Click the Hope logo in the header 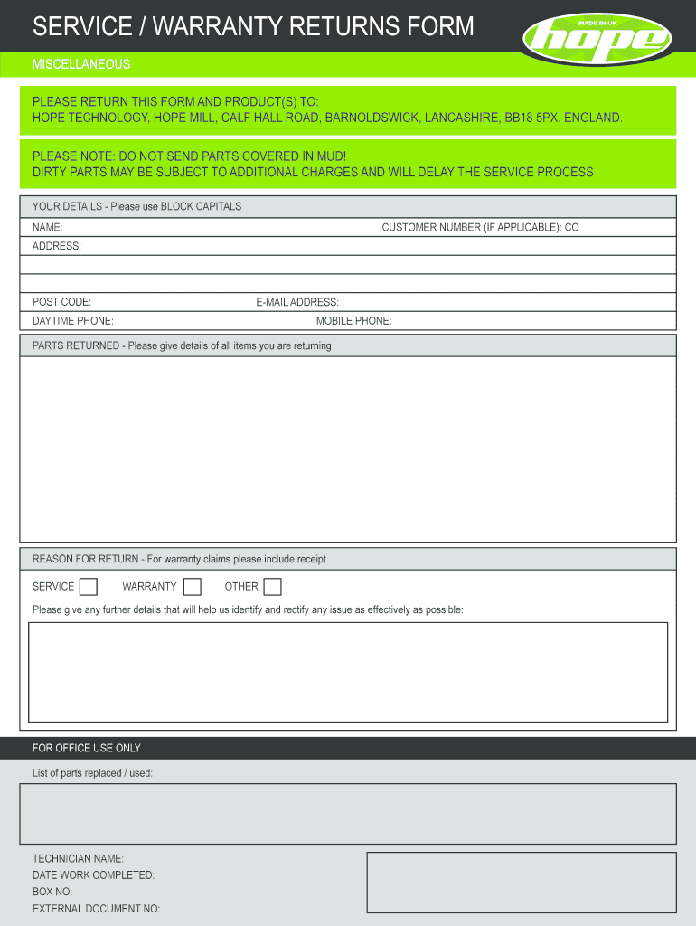coord(597,37)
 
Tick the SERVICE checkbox coord(88,587)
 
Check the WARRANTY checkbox coord(192,587)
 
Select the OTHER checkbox coord(272,587)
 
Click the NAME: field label coord(47,228)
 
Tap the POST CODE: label coord(61,302)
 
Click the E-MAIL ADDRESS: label coord(297,302)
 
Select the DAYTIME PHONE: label coord(72,321)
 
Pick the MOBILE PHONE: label coord(353,321)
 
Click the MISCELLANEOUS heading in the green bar coord(81,64)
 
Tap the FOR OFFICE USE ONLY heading coord(87,748)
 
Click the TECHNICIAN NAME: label coord(78,858)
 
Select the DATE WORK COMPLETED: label coord(93,875)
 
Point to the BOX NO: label coord(52,892)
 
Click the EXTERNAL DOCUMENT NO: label coord(96,909)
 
